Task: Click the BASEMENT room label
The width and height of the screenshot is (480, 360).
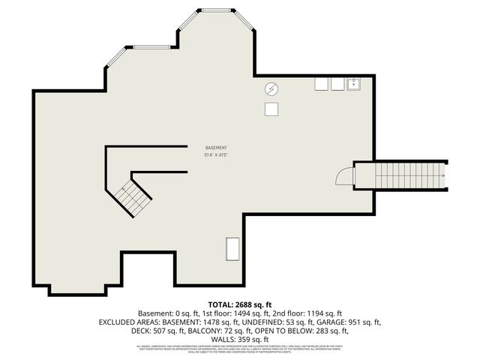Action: coord(216,148)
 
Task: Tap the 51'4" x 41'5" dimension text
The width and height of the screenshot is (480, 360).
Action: coord(216,155)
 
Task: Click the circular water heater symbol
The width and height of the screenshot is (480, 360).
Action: coord(271,89)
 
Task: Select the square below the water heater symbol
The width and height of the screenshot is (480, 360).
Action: coord(271,109)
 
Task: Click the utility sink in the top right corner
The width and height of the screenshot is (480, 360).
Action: coord(355,84)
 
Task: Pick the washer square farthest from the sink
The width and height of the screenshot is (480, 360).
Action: coord(322,84)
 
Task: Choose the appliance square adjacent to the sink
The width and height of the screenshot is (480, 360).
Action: coord(337,84)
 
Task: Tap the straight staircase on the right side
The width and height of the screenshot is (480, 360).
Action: coord(400,175)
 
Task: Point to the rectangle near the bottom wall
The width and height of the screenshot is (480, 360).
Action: coord(233,248)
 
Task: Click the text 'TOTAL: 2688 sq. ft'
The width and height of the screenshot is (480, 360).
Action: coord(240,304)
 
